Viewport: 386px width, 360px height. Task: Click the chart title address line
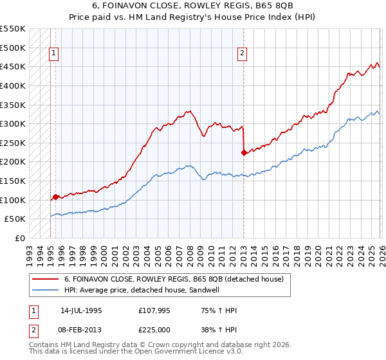(x=193, y=5)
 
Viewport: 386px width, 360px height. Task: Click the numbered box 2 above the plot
(x=243, y=54)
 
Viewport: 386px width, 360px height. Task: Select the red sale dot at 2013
(x=244, y=152)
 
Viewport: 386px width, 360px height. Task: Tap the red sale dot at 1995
(x=56, y=197)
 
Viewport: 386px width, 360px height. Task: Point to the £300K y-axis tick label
(x=13, y=123)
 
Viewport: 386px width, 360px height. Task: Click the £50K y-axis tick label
(x=15, y=219)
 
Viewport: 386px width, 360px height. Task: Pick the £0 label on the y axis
(x=21, y=238)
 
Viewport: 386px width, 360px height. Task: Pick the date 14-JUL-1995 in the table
(x=81, y=310)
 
